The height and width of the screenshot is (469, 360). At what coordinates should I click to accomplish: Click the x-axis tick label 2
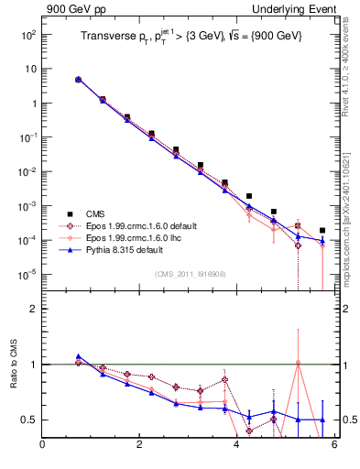point(139,446)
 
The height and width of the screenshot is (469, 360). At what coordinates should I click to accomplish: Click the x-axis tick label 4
point(237,446)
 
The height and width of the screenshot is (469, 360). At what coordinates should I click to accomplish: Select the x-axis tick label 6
point(334,446)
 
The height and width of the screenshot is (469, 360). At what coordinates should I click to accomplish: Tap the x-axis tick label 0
point(42,446)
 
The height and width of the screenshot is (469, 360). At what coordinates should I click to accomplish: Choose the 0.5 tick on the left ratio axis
point(28,420)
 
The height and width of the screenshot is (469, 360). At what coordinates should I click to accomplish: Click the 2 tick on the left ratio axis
point(32,310)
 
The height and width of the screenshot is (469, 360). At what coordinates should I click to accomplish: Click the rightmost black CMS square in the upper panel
point(322,231)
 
